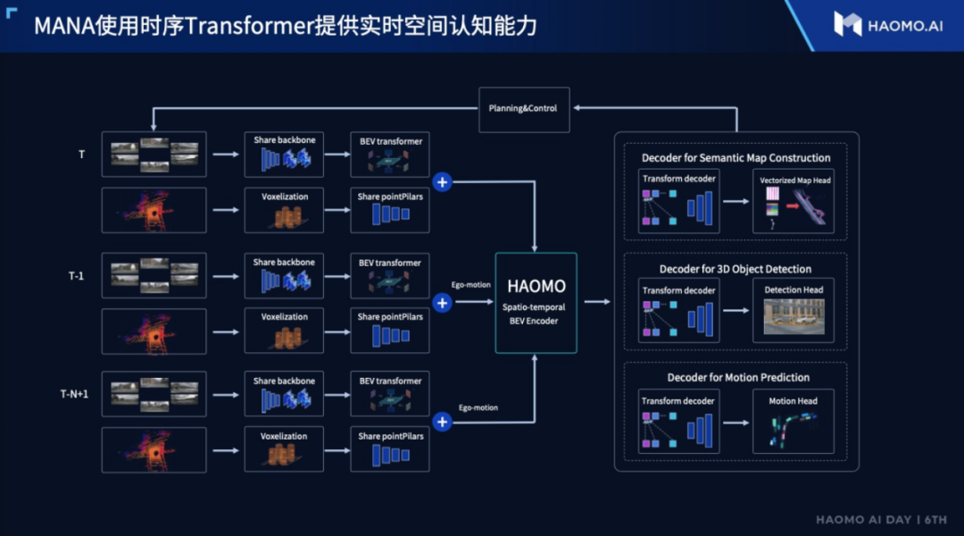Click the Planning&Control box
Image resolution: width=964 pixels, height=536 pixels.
pyautogui.click(x=522, y=108)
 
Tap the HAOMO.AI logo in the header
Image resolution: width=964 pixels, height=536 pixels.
pyautogui.click(x=887, y=24)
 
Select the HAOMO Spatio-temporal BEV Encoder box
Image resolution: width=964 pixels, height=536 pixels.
pyautogui.click(x=536, y=302)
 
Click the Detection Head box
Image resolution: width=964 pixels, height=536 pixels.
pyautogui.click(x=794, y=310)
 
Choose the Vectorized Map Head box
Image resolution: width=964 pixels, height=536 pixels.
pyautogui.click(x=794, y=202)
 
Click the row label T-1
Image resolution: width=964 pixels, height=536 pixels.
pyautogui.click(x=77, y=275)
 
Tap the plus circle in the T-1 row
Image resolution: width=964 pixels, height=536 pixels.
pyautogui.click(x=442, y=303)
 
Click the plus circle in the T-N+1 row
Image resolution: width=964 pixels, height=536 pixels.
pyautogui.click(x=442, y=422)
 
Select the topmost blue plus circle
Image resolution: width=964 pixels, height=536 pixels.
pyautogui.click(x=442, y=182)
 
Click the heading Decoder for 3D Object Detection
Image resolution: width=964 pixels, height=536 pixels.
pyautogui.click(x=735, y=269)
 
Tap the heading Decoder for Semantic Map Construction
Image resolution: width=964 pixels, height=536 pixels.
pyautogui.click(x=735, y=158)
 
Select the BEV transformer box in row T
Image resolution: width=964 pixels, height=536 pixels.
pyautogui.click(x=390, y=155)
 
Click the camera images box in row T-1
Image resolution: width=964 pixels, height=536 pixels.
pyautogui.click(x=154, y=275)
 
